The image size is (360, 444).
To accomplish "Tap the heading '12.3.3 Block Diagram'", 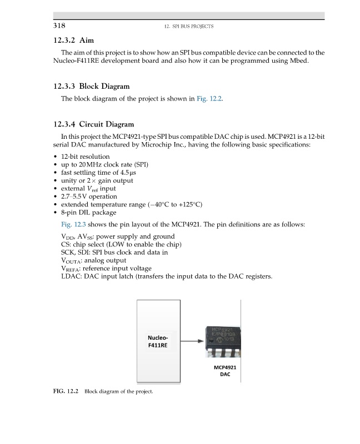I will [x=91, y=87].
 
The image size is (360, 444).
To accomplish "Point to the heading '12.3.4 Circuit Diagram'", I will [x=93, y=124].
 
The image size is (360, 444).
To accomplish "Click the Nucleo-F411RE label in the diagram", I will [x=158, y=341].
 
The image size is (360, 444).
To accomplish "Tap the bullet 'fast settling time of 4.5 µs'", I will [x=101, y=173].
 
